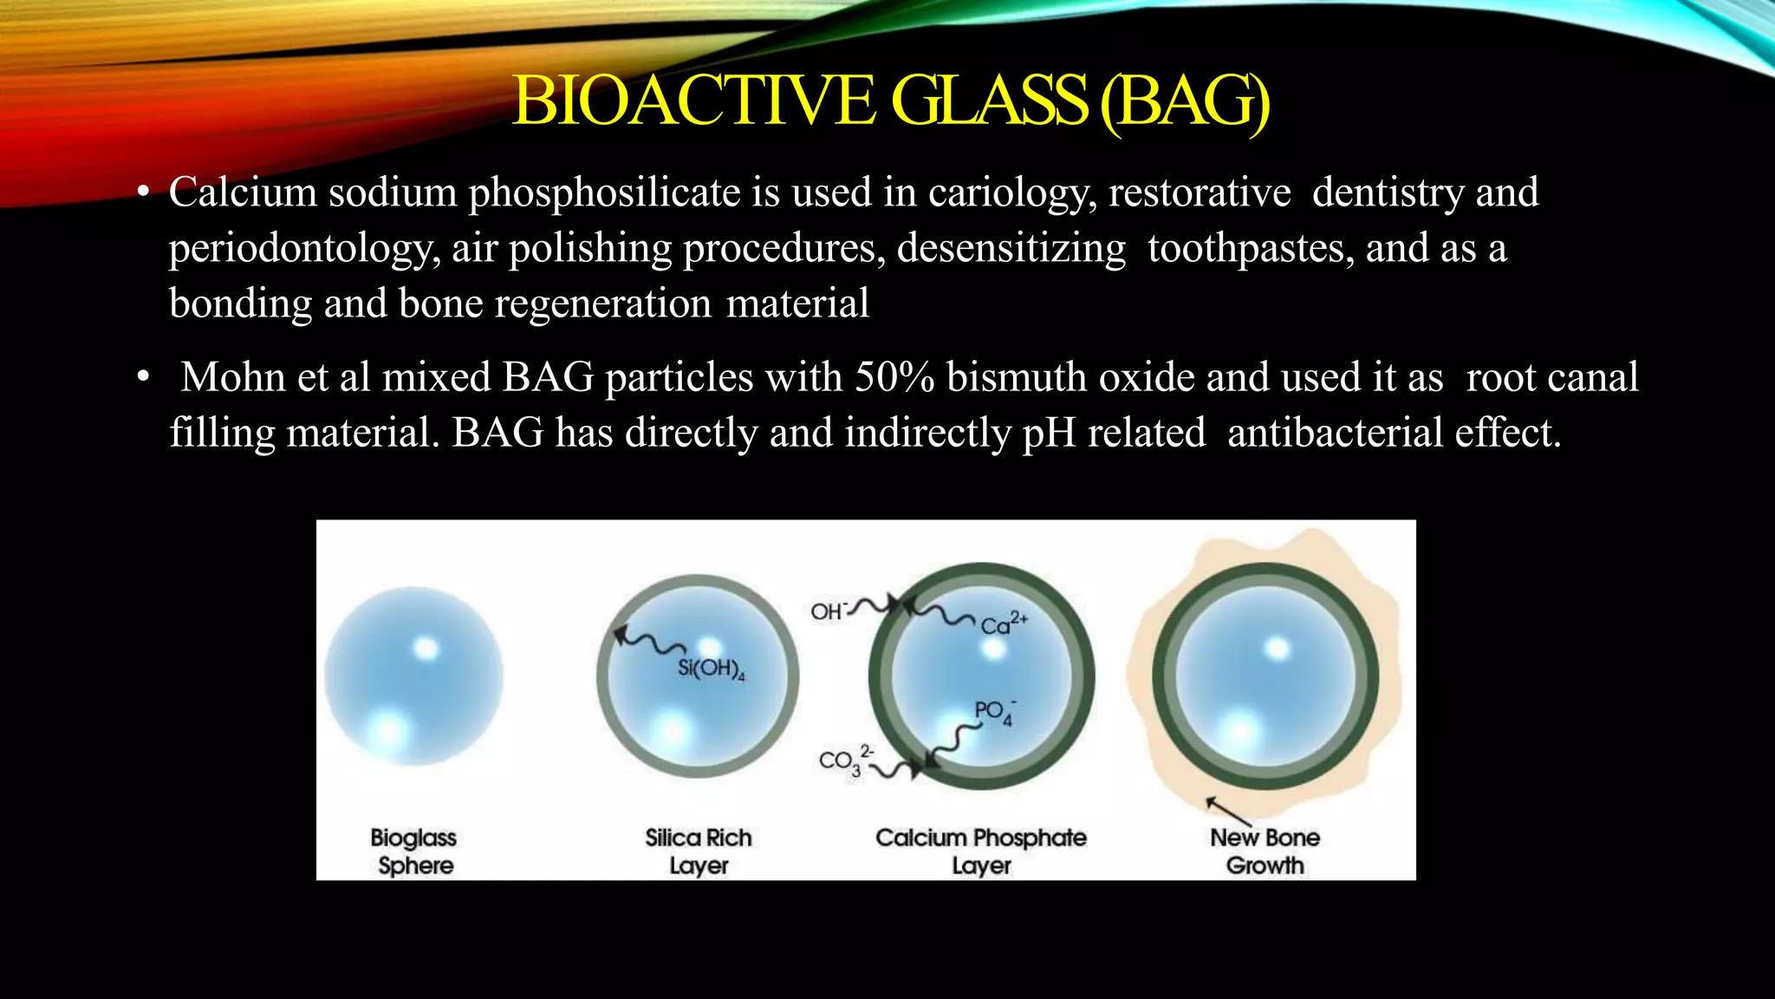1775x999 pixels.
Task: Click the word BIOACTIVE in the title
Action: (693, 101)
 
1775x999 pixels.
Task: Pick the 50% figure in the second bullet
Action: (895, 377)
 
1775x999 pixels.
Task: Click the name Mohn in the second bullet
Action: (232, 377)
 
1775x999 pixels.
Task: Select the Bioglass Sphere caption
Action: (414, 852)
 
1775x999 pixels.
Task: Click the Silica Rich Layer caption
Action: (699, 852)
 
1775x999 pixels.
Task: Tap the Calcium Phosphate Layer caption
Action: (980, 852)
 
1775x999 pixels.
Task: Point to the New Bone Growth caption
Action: (1265, 852)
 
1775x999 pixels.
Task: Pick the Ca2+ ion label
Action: (1003, 624)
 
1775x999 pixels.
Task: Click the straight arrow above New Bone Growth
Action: (1228, 811)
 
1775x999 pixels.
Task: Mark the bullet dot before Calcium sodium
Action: (144, 193)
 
